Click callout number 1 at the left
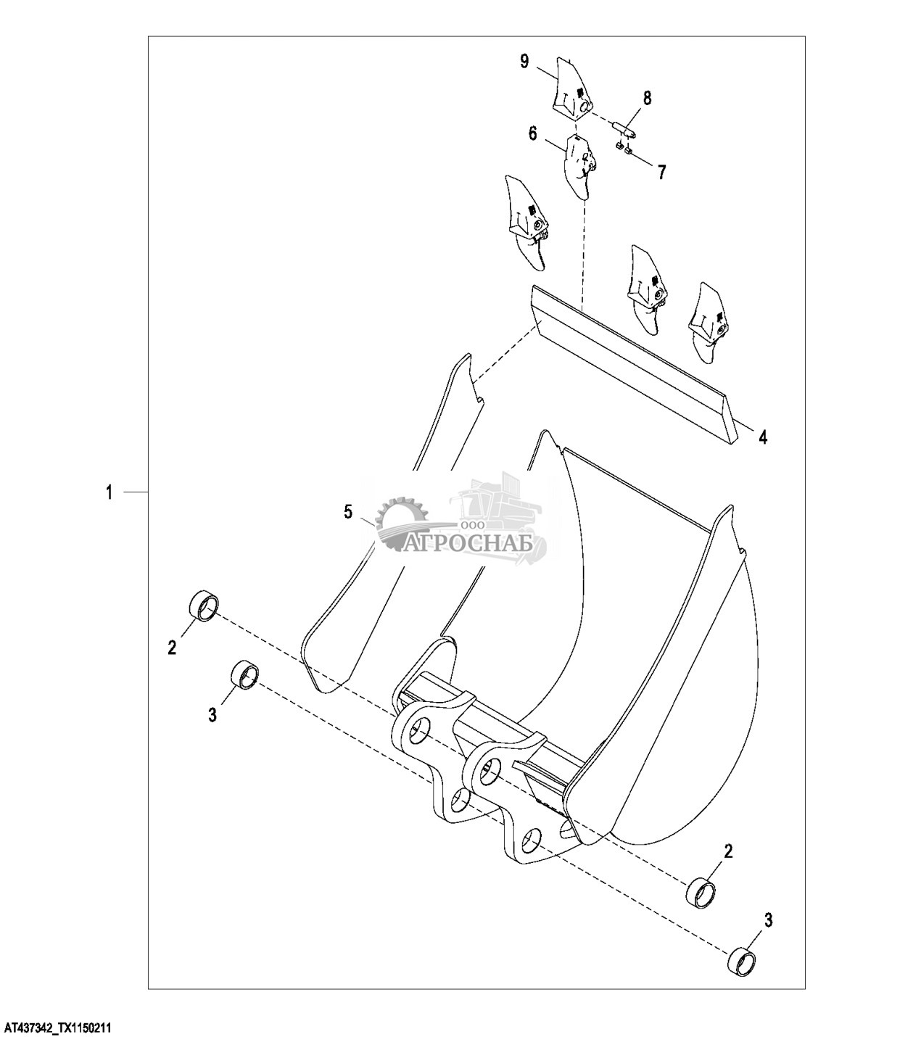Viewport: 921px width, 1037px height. click(x=110, y=493)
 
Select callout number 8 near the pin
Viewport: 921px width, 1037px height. click(x=647, y=97)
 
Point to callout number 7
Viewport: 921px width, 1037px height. click(x=661, y=172)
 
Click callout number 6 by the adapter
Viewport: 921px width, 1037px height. click(x=533, y=133)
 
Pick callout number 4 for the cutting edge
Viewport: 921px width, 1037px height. click(x=763, y=437)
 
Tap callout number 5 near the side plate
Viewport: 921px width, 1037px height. click(x=348, y=513)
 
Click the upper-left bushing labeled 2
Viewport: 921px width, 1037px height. click(x=203, y=606)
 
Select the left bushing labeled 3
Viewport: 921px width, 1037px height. click(x=244, y=675)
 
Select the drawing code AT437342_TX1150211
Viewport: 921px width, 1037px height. click(x=58, y=1028)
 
